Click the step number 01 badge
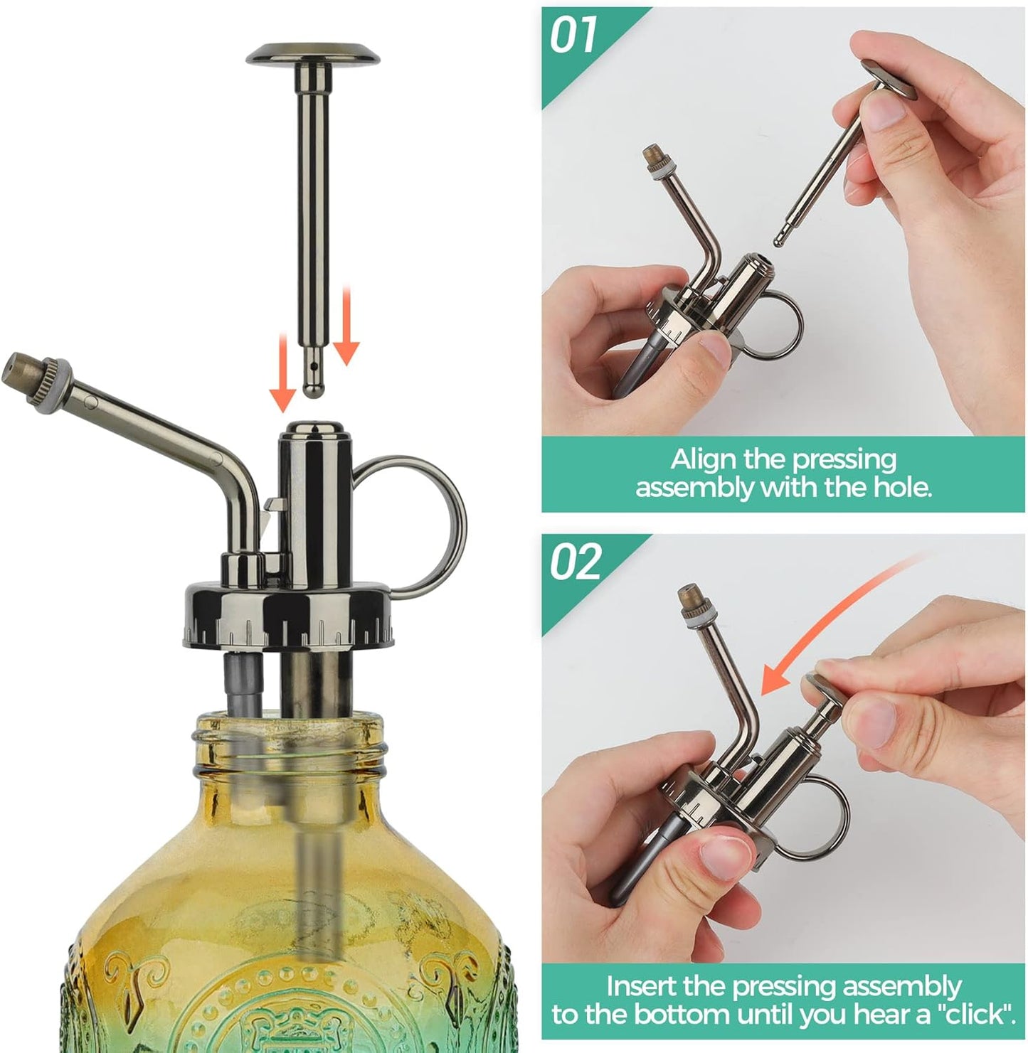click(573, 36)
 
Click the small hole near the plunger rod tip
click(312, 368)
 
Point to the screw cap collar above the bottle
click(288, 615)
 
